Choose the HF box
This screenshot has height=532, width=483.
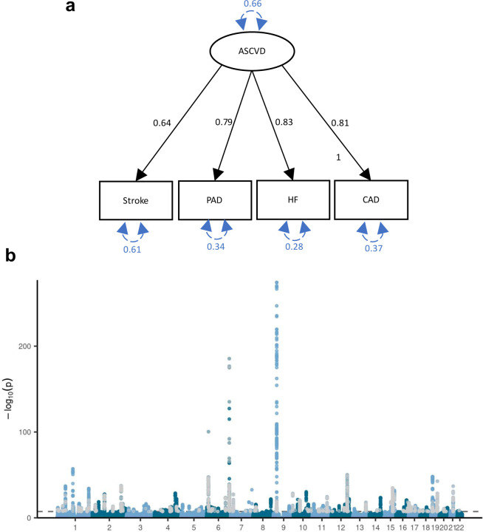tap(291, 199)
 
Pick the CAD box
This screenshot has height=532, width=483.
tap(369, 199)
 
